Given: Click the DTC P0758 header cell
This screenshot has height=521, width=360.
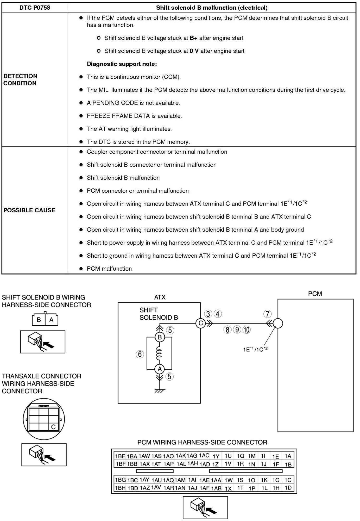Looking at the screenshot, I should coord(35,8).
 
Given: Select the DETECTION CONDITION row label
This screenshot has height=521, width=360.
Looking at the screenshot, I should coord(20,79).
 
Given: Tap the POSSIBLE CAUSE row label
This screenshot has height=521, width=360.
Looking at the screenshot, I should coord(29,210).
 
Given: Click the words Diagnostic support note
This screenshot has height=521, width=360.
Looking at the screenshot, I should coord(122,64).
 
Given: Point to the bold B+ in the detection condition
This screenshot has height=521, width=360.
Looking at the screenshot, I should coord(193,38).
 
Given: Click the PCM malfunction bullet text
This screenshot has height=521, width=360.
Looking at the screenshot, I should coord(109,269).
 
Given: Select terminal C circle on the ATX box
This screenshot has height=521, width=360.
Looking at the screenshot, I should coord(200,324).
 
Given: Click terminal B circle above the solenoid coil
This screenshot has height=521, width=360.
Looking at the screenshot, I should coord(160,337).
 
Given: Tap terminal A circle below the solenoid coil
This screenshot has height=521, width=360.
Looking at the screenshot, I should coord(160,369).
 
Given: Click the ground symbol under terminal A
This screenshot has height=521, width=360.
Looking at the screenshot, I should coord(160,391).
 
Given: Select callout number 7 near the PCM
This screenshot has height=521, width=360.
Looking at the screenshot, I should coord(267,314).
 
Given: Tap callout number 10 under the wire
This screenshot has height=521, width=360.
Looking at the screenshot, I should coord(246,330).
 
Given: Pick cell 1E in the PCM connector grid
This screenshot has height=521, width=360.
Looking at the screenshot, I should coord(276,456).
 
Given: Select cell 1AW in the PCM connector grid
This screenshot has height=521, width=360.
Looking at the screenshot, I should coord(144,456).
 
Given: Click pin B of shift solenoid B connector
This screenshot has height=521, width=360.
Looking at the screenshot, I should coord(39,320).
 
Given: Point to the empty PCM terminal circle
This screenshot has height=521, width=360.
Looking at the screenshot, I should coord(278,324).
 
